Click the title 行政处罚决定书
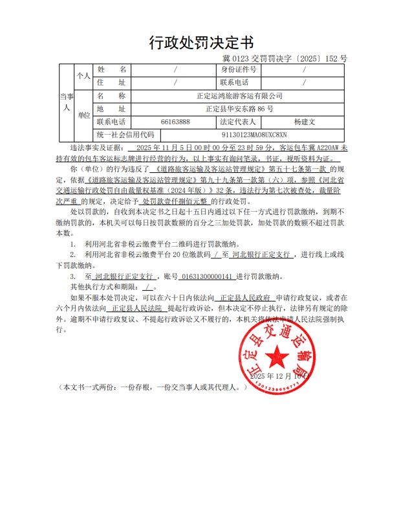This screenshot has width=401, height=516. click(x=201, y=43)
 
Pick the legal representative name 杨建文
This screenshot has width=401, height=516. click(x=304, y=121)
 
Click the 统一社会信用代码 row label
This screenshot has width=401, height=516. click(x=125, y=135)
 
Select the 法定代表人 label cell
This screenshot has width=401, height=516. click(x=239, y=121)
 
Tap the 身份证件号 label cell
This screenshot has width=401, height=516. click(x=239, y=69)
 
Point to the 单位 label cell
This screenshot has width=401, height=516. click(x=84, y=115)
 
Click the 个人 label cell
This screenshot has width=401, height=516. click(x=84, y=76)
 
